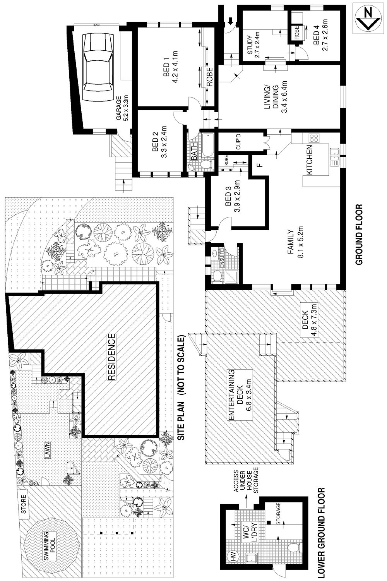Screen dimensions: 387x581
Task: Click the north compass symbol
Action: [368, 20]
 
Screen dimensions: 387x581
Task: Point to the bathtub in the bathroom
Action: [207, 145]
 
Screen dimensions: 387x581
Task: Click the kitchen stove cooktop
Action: [313, 138]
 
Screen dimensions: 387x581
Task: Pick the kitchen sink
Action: [335, 157]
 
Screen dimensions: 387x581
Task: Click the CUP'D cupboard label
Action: [238, 142]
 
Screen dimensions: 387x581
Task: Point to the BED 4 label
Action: [320, 35]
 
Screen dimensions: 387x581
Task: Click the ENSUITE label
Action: [222, 258]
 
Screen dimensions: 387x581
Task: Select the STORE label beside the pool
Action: [24, 504]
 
